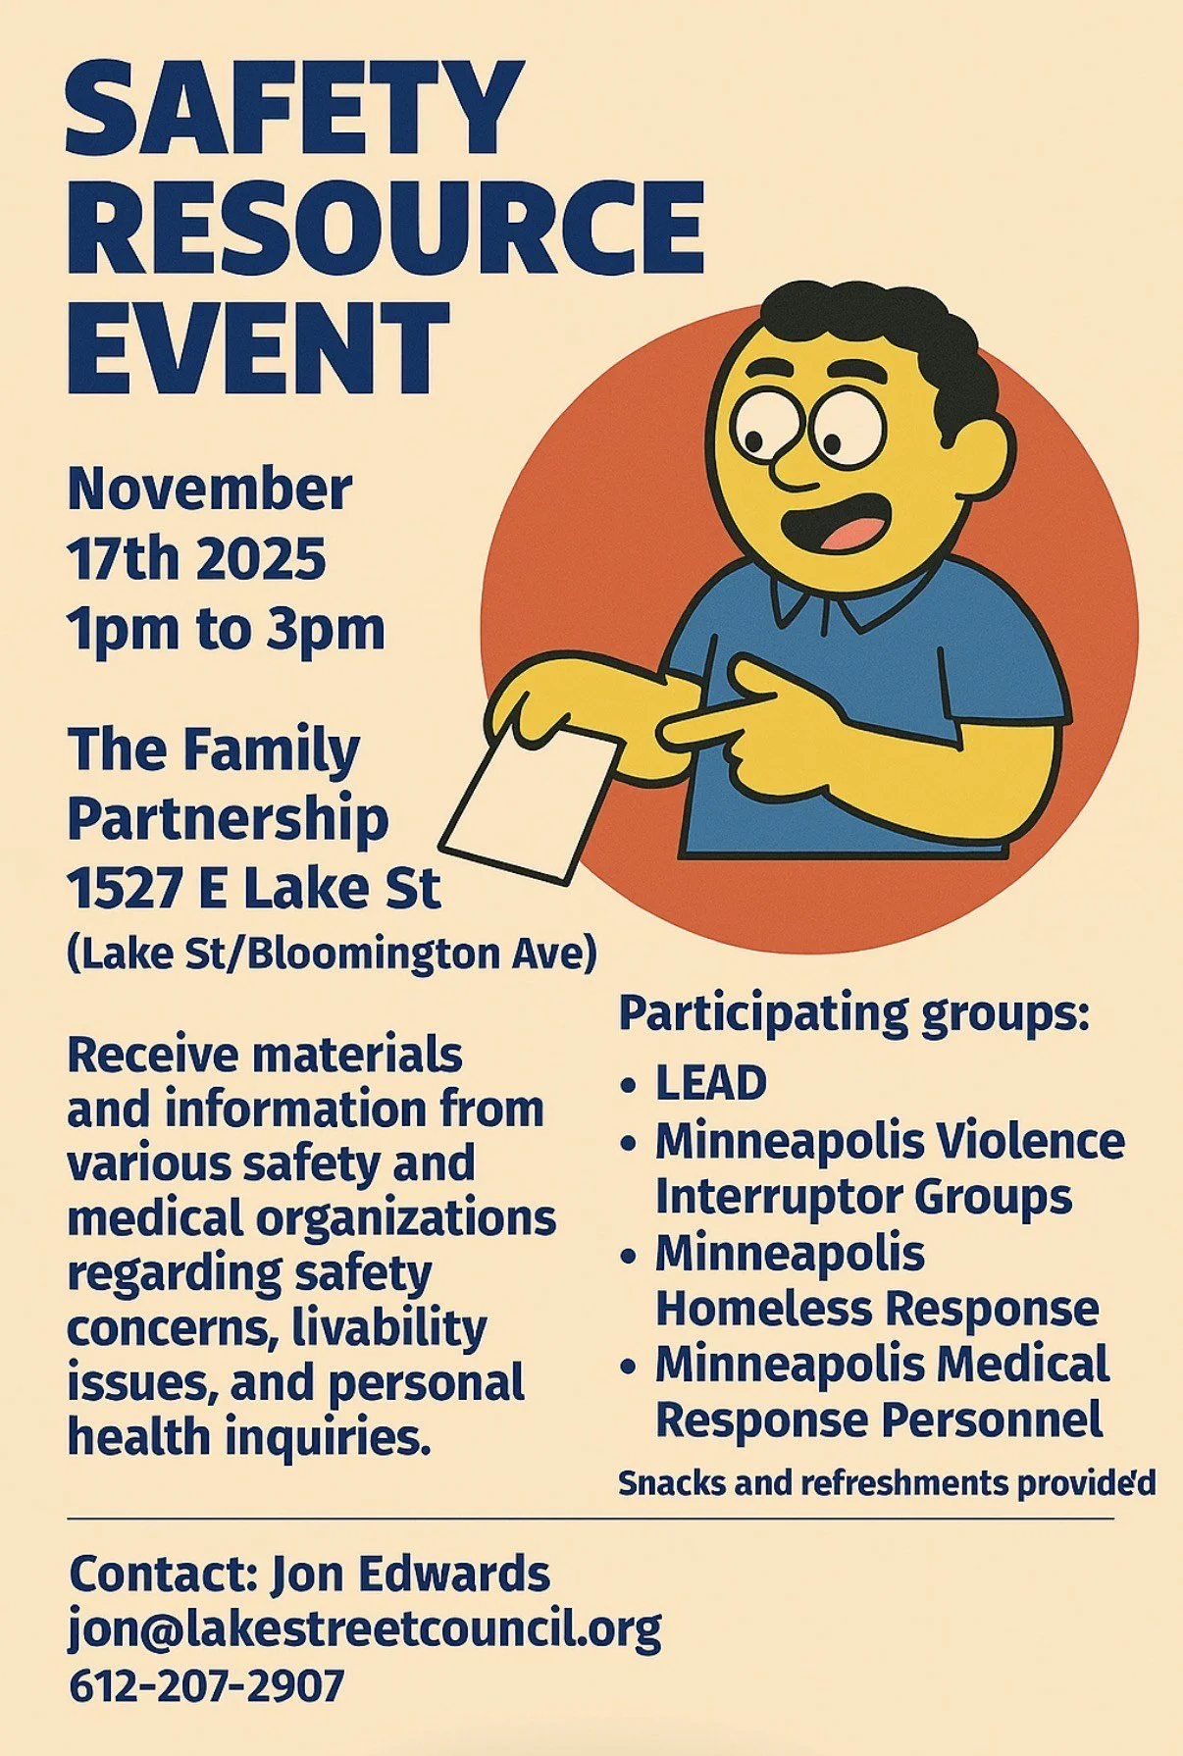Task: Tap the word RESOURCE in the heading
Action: [x=385, y=228]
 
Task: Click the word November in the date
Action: [x=209, y=489]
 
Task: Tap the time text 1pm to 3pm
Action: [x=226, y=629]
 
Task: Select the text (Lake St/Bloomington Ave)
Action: [x=332, y=953]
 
